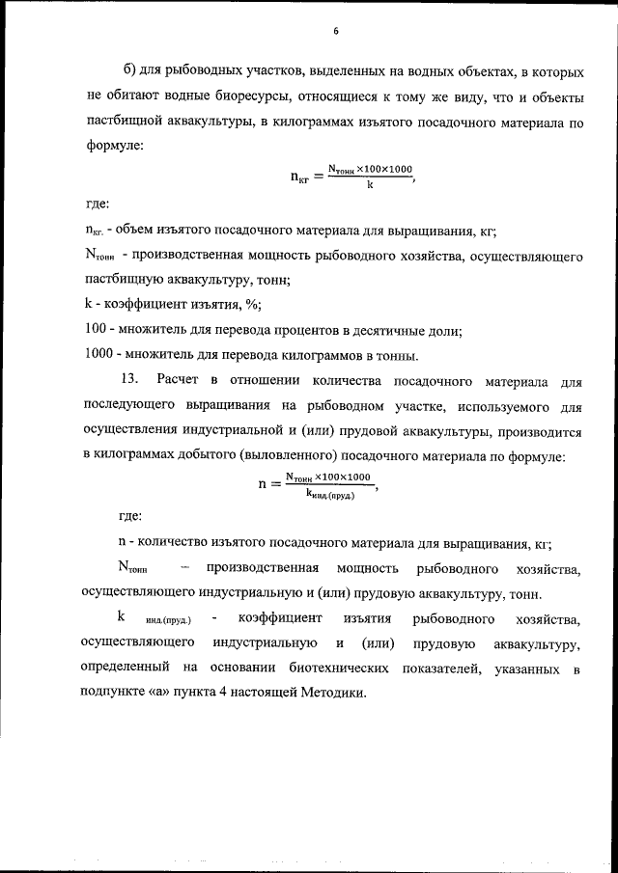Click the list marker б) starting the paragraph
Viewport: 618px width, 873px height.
click(x=131, y=73)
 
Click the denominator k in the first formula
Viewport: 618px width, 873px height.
click(x=370, y=185)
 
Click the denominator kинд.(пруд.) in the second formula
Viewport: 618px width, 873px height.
click(x=329, y=494)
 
